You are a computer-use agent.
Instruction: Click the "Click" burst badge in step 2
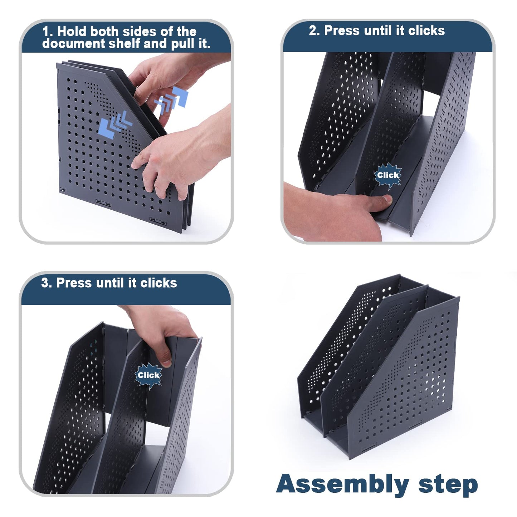pyautogui.click(x=388, y=175)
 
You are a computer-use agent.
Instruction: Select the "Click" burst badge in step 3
pyautogui.click(x=148, y=375)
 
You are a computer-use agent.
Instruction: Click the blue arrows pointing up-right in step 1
pyautogui.click(x=172, y=100)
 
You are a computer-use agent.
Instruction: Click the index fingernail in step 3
pyautogui.click(x=166, y=363)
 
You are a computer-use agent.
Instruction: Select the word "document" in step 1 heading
pyautogui.click(x=73, y=43)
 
